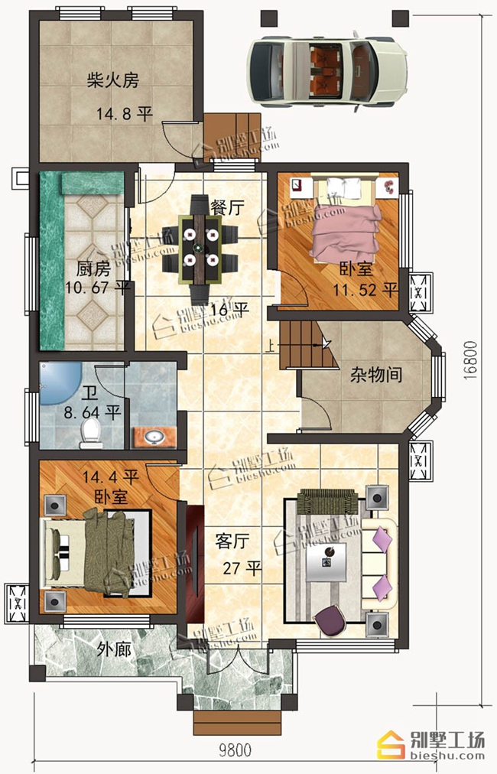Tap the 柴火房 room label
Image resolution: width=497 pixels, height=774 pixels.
tap(113, 80)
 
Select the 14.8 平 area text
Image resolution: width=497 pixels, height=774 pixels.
tap(124, 115)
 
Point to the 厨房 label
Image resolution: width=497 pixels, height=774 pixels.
tap(93, 269)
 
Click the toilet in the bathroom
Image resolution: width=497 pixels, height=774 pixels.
tap(91, 433)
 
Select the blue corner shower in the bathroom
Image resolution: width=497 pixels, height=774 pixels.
tap(59, 383)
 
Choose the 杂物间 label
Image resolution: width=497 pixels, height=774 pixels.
tap(376, 376)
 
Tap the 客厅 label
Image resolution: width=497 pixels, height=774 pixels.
tap(232, 541)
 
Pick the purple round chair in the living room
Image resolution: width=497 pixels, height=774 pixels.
tap(330, 621)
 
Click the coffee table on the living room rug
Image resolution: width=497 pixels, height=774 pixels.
tap(326, 561)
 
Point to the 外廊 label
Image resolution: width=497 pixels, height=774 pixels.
tap(114, 649)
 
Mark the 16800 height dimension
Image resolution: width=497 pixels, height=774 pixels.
tap(470, 360)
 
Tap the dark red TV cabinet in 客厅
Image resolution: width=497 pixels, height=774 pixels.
tap(195, 563)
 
